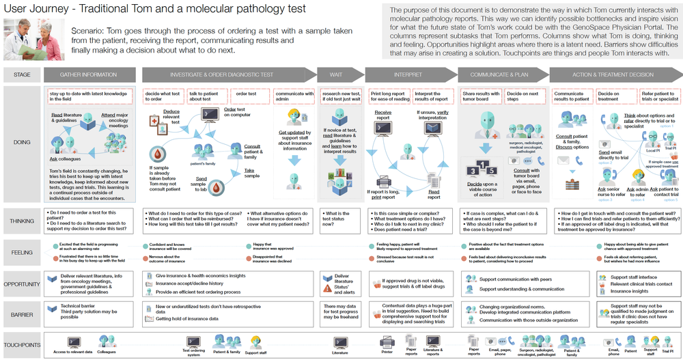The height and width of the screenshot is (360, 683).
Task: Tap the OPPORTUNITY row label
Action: pyautogui.click(x=21, y=283)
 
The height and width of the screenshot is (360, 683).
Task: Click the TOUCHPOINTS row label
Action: pyautogui.click(x=21, y=345)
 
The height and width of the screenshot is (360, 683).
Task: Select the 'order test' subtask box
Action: pyautogui.click(x=246, y=94)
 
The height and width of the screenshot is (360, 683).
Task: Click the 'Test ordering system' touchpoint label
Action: pyautogui.click(x=194, y=352)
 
